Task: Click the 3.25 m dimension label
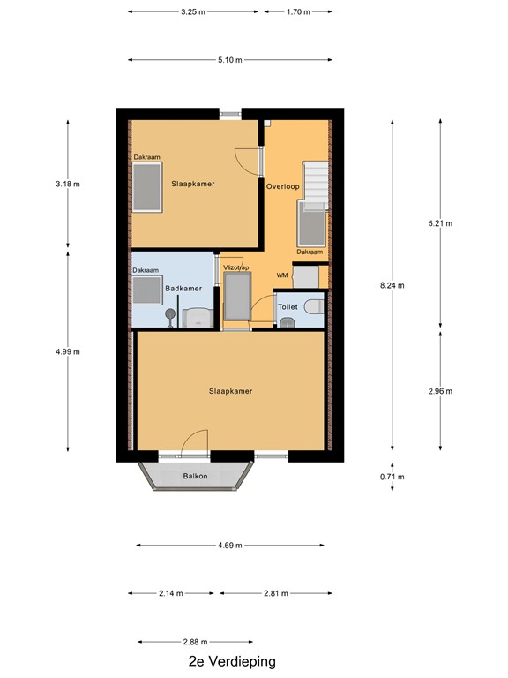click(x=193, y=12)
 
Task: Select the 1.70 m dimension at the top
click(x=298, y=12)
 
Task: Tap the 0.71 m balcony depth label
click(x=392, y=478)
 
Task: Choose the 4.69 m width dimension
click(x=231, y=546)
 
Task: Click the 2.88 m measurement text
click(x=195, y=642)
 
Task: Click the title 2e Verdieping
click(x=232, y=661)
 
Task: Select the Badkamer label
click(x=183, y=288)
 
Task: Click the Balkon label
click(x=195, y=477)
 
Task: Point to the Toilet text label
click(x=288, y=306)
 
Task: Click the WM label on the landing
click(x=282, y=275)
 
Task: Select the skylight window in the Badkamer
click(x=144, y=290)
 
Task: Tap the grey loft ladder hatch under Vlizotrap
click(x=237, y=298)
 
